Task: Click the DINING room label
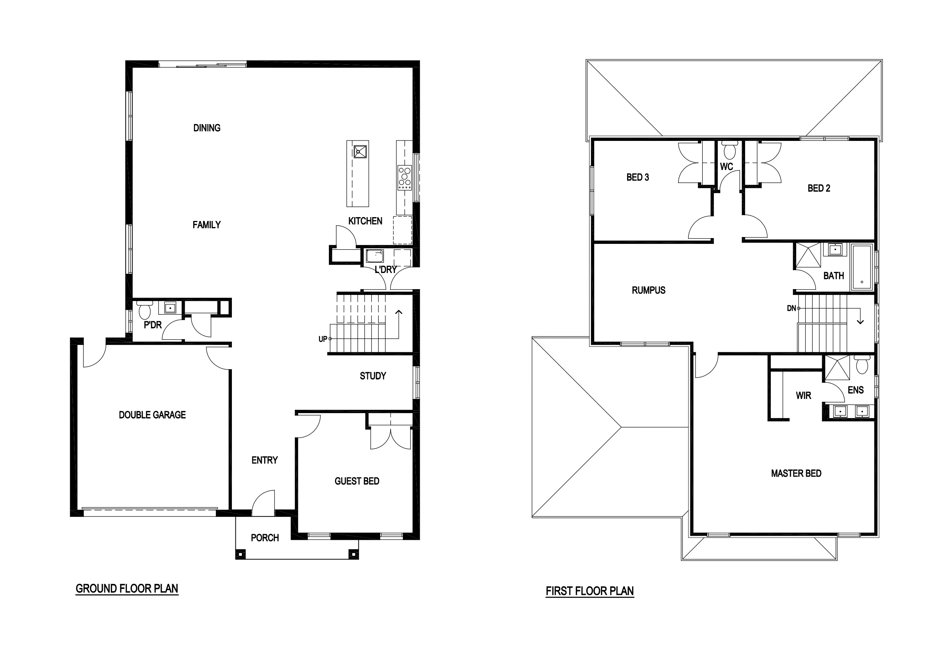click(x=207, y=128)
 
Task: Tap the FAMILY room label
click(x=206, y=225)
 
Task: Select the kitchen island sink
click(x=360, y=152)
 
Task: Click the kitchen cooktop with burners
click(x=405, y=178)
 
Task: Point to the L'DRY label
click(x=386, y=270)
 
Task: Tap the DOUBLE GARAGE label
click(x=152, y=415)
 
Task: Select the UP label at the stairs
click(x=323, y=339)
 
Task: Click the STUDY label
click(x=373, y=376)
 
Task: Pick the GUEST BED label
click(x=356, y=481)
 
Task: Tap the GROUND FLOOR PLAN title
click(x=127, y=589)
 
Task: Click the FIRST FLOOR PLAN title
click(x=590, y=591)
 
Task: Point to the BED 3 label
click(x=637, y=177)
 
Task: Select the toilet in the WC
click(x=729, y=150)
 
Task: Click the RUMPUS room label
click(x=648, y=290)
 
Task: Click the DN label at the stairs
click(x=791, y=308)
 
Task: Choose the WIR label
click(x=803, y=396)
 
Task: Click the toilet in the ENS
click(x=862, y=364)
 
